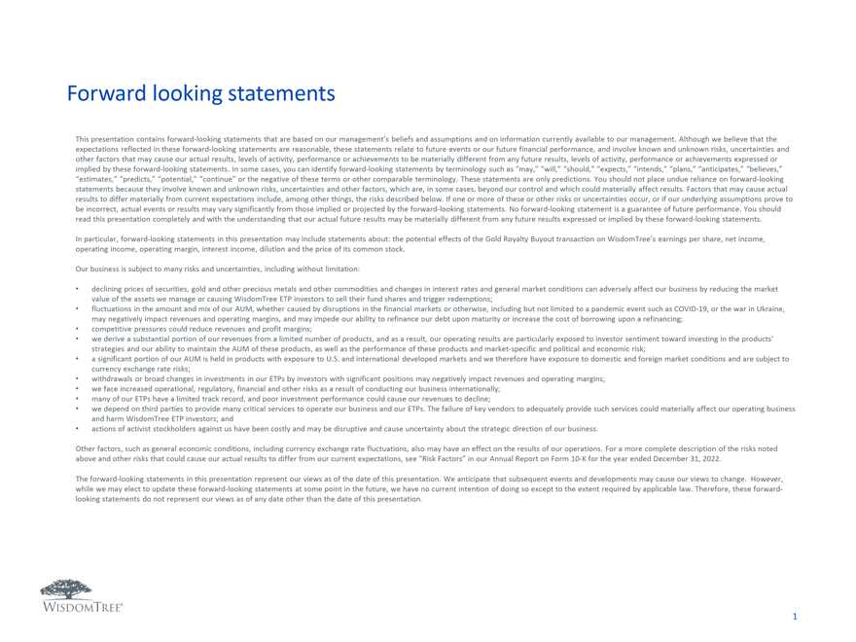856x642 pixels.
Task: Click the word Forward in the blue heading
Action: tap(104, 94)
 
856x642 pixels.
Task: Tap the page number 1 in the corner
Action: tap(795, 617)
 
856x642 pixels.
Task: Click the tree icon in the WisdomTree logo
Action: tap(66, 589)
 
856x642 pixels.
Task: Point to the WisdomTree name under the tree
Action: tap(81, 607)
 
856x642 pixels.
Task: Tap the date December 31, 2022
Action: tap(691, 456)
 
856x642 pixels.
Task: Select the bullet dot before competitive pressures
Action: tap(78, 329)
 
